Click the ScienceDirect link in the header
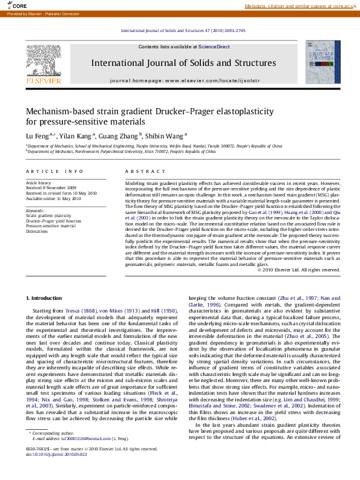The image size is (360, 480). pyautogui.click(x=214, y=47)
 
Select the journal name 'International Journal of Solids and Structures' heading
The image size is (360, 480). pyautogui.click(x=183, y=63)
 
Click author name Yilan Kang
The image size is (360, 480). pyautogui.click(x=76, y=136)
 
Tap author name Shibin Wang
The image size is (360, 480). pyautogui.click(x=165, y=136)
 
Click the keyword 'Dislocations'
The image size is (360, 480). pyautogui.click(x=37, y=231)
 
